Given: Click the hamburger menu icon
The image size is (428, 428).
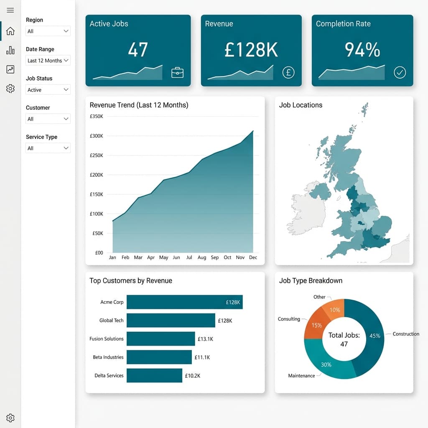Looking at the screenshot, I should click(x=10, y=10).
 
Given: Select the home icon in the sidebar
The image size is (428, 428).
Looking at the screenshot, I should click(x=10, y=31).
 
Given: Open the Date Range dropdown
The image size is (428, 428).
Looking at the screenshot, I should click(x=48, y=61).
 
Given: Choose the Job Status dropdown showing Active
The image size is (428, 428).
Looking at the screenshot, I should click(x=48, y=90).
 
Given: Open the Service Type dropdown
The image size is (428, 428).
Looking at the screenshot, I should click(x=48, y=148).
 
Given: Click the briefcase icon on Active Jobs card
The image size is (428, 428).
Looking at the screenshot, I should click(x=177, y=72).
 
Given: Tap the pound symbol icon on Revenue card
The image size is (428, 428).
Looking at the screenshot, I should click(x=288, y=72).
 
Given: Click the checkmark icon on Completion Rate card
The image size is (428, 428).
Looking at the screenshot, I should click(x=400, y=73).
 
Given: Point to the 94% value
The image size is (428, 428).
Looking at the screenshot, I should click(x=362, y=50).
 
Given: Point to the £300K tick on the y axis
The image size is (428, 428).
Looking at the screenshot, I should click(x=97, y=136).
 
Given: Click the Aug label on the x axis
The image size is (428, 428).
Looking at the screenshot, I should click(x=202, y=257).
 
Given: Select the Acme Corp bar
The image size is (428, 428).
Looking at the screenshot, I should click(x=184, y=302).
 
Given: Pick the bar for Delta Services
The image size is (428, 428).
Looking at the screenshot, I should click(x=154, y=375).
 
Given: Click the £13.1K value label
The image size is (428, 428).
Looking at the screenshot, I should click(x=205, y=339).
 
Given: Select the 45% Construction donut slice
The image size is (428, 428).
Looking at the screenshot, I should click(x=370, y=334).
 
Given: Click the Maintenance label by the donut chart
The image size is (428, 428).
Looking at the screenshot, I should click(x=301, y=376).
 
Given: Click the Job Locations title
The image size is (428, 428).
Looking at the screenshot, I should click(x=301, y=105).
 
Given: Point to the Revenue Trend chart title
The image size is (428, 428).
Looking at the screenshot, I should click(x=139, y=105).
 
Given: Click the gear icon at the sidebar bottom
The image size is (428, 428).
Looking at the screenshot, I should click(x=10, y=418).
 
